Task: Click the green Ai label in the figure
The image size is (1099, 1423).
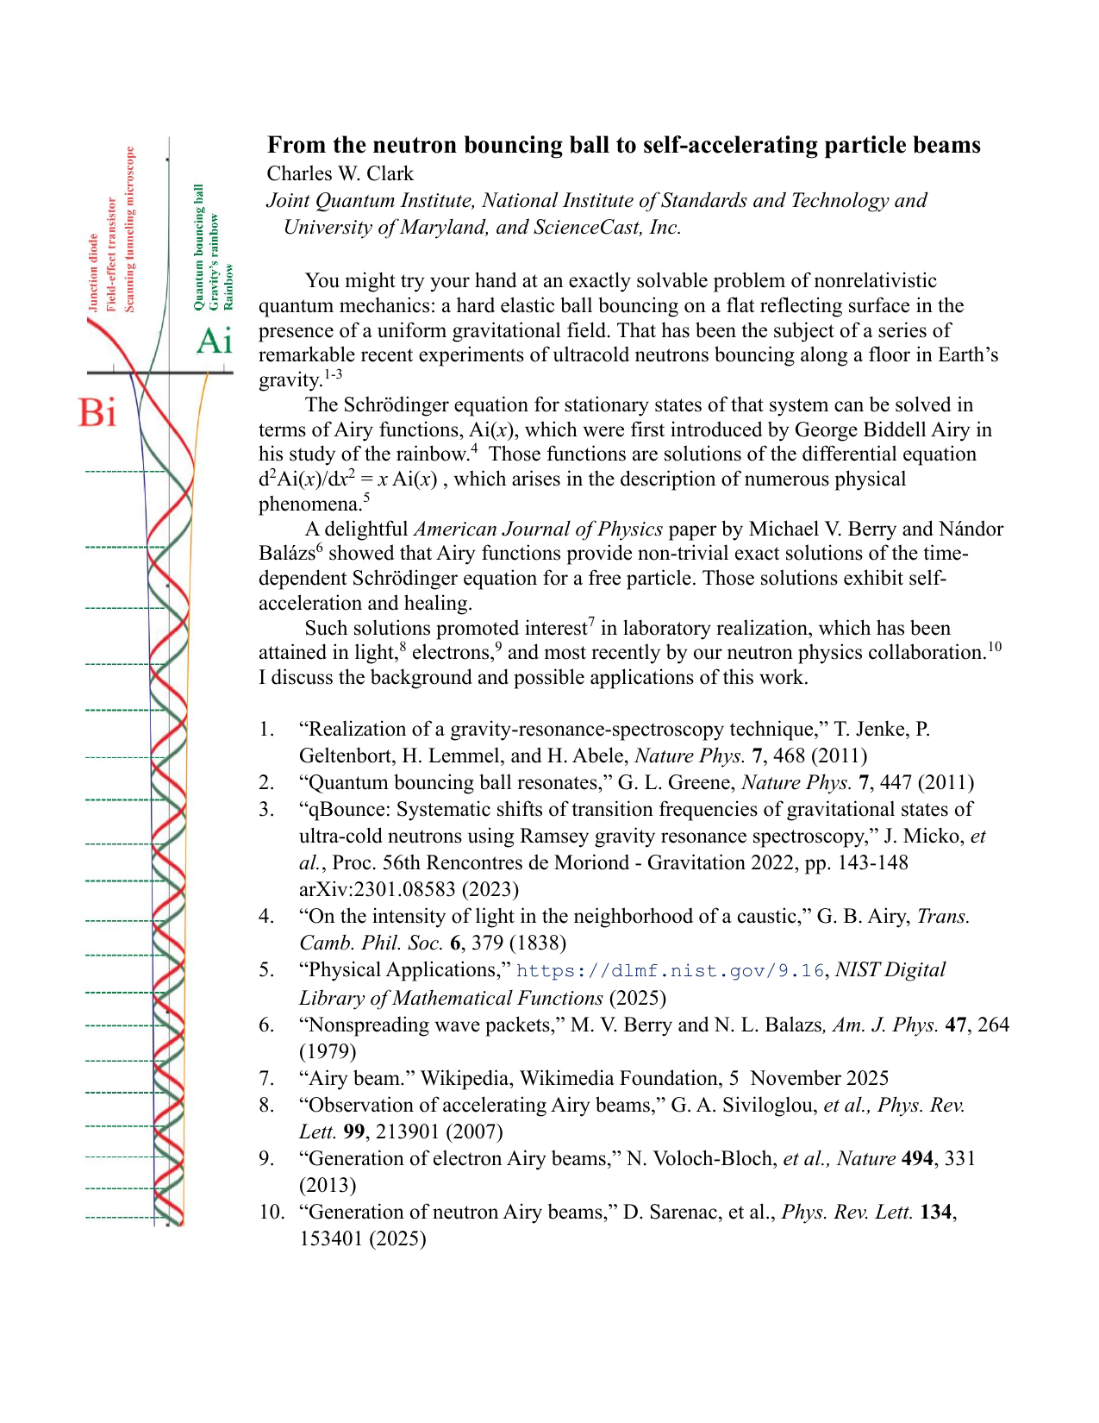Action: click(215, 342)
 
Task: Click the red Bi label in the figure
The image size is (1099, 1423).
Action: click(97, 413)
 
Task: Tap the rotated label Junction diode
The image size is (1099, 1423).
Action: click(93, 272)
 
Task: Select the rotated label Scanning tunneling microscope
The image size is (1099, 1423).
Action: click(130, 229)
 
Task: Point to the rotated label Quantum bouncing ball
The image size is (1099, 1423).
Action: click(199, 247)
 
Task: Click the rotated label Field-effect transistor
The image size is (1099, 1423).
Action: click(111, 254)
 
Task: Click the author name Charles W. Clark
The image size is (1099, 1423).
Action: click(340, 173)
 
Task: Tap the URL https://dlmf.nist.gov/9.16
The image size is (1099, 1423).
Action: click(670, 971)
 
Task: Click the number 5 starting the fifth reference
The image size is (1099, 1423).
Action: click(266, 970)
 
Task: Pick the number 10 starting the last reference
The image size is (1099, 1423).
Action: click(272, 1213)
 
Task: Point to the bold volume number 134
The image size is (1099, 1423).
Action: click(936, 1213)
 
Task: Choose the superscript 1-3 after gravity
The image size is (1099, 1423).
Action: click(333, 374)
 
